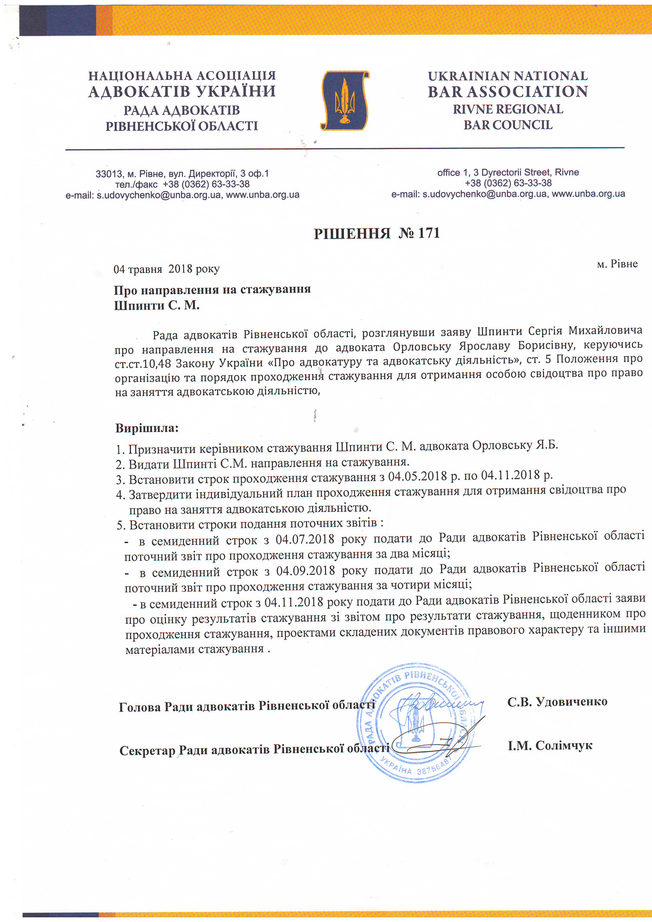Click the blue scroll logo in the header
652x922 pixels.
[345, 100]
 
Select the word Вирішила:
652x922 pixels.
[147, 428]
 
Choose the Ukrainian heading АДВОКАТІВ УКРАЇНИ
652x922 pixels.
[182, 91]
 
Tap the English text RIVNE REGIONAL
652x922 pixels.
[508, 109]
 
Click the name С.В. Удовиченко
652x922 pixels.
[557, 701]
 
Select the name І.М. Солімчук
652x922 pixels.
[549, 745]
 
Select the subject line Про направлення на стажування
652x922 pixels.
[212, 290]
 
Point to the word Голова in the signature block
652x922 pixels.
[140, 707]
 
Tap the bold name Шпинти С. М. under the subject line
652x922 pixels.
[157, 306]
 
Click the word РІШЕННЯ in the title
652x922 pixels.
[352, 233]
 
